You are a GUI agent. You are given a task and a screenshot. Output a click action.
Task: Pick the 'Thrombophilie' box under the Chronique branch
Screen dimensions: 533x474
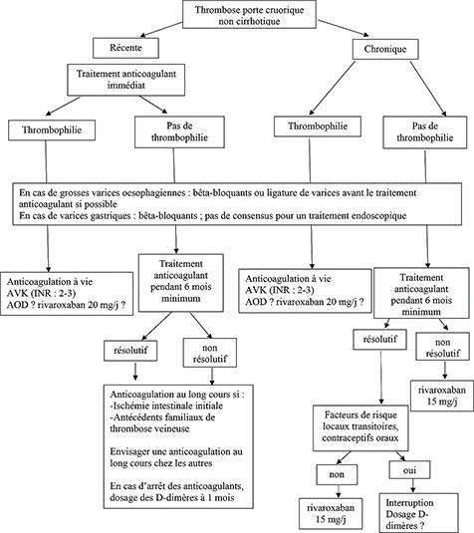click(314, 129)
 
